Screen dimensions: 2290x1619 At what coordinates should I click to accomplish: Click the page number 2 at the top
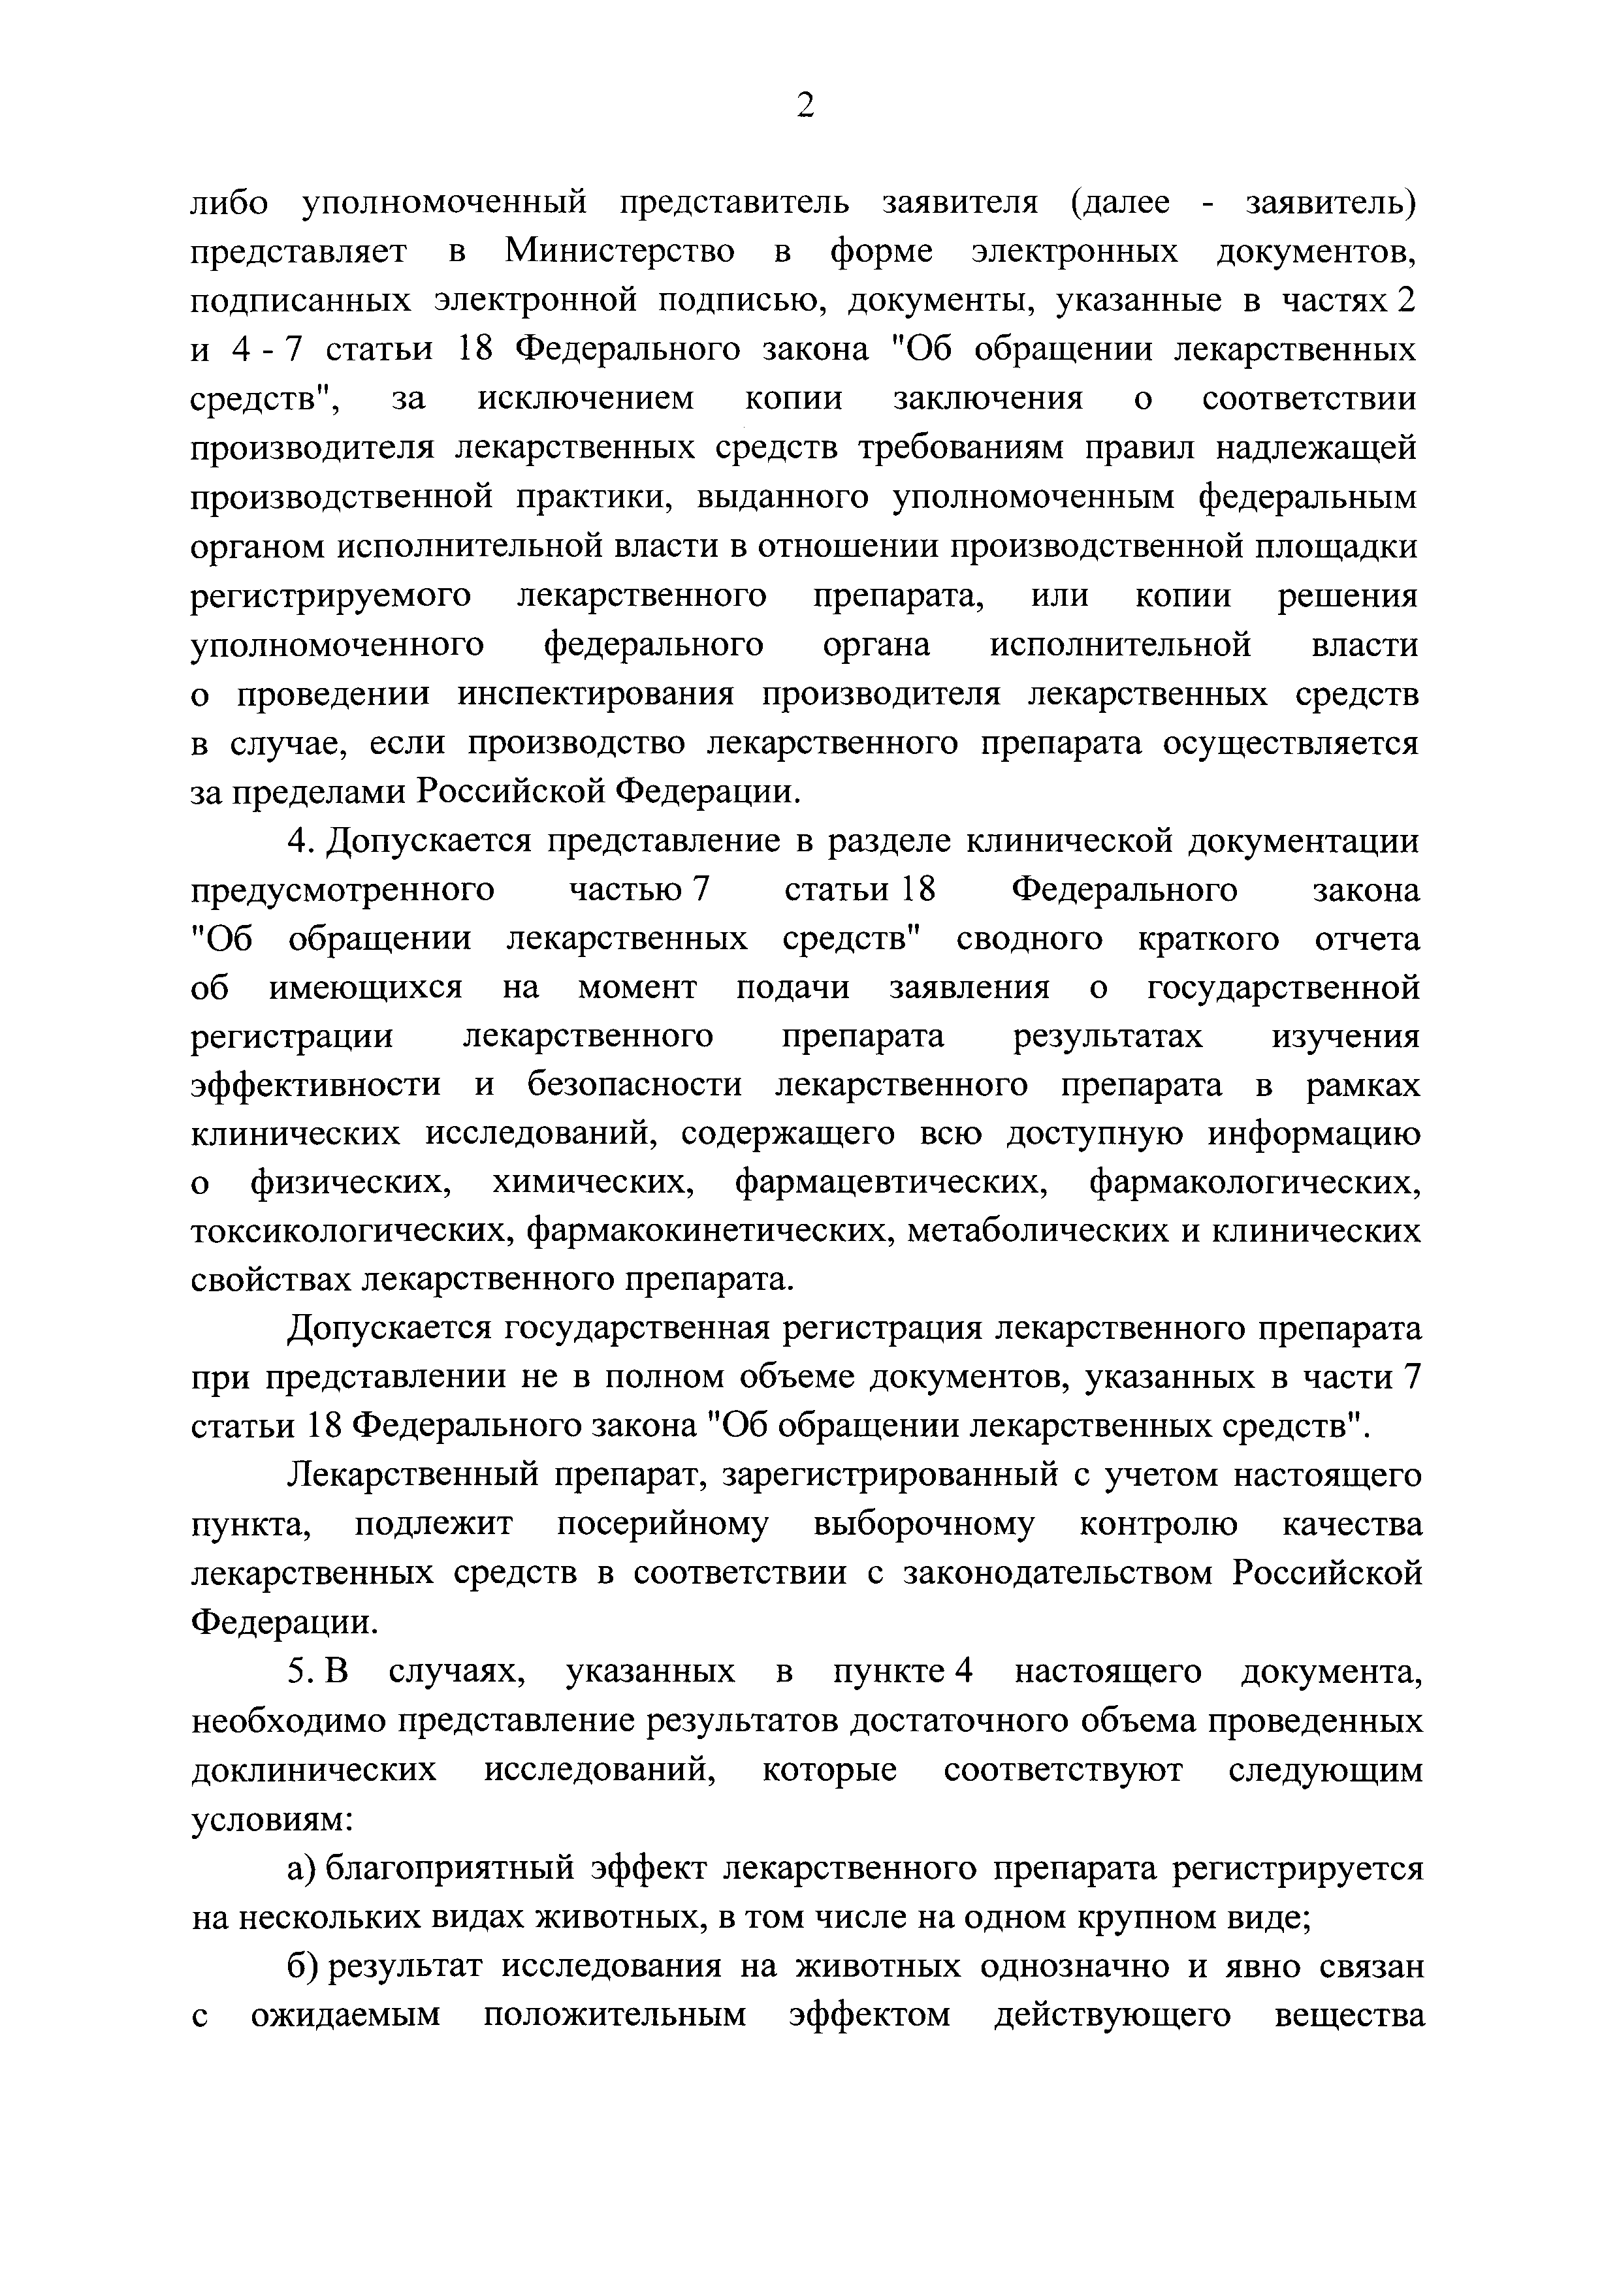[806, 104]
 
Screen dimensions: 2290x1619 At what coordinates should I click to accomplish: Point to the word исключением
[586, 399]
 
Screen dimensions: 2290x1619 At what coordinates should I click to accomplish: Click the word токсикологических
[352, 1232]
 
